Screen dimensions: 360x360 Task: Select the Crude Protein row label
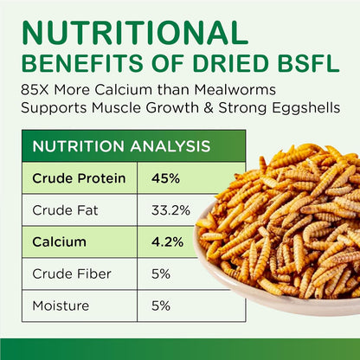pyautogui.click(x=79, y=179)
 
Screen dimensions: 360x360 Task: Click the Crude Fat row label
pyautogui.click(x=63, y=210)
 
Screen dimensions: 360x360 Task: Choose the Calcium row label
pyautogui.click(x=59, y=242)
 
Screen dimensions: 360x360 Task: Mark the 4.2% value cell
pyautogui.click(x=166, y=242)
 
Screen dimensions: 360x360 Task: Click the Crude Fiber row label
pyautogui.click(x=67, y=273)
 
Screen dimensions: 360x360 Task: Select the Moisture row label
pyautogui.click(x=61, y=305)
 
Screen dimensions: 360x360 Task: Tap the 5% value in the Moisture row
pyautogui.click(x=161, y=305)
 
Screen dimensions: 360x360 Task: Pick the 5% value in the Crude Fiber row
pyautogui.click(x=161, y=273)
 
